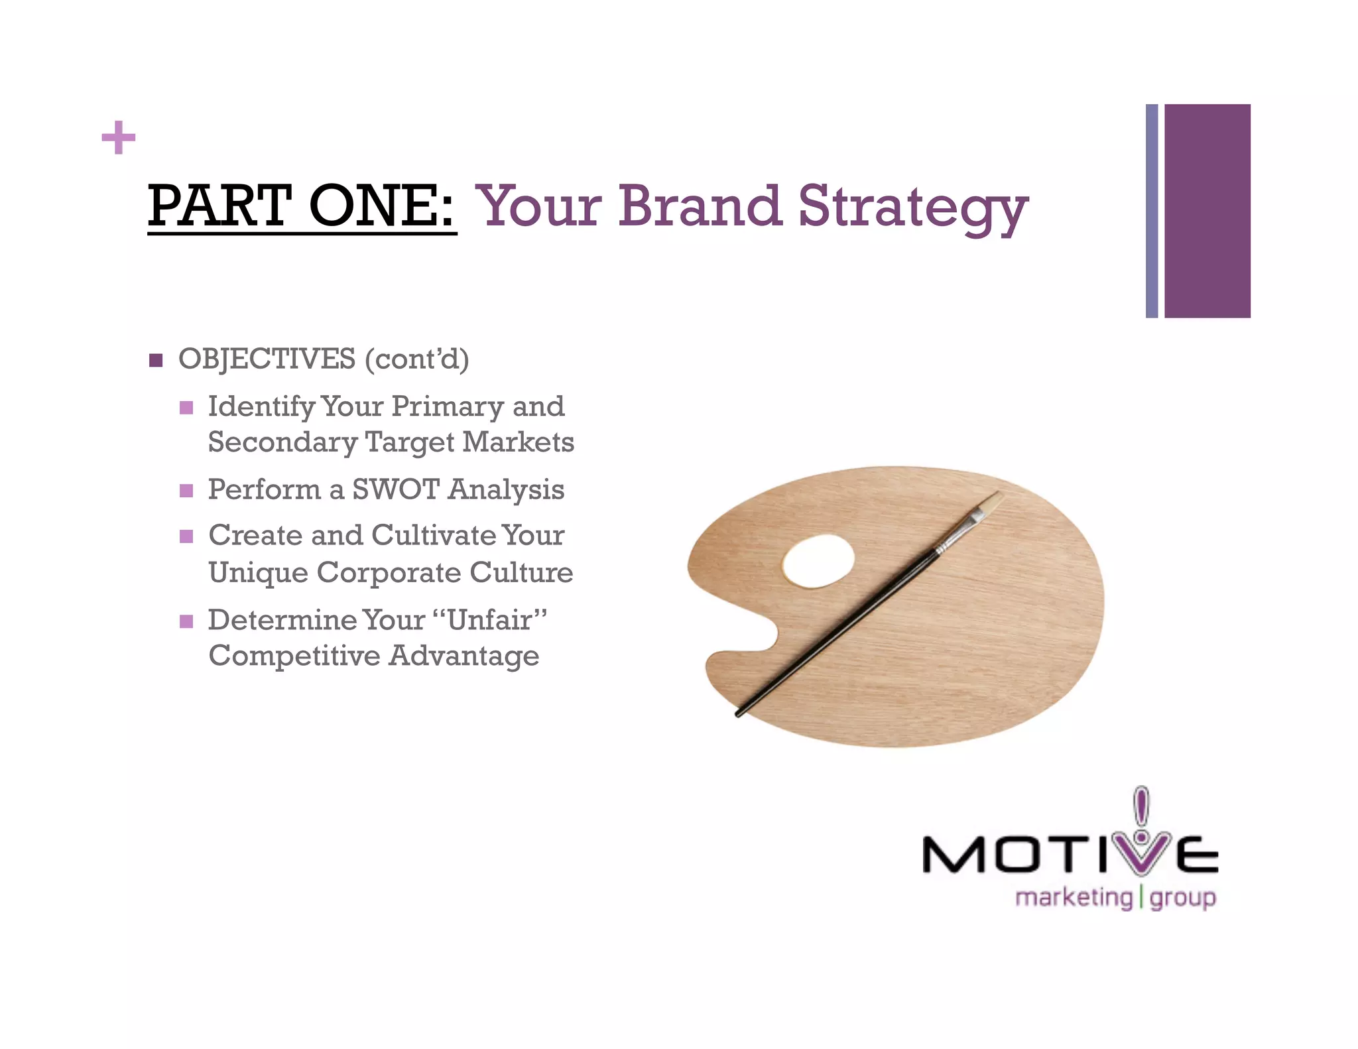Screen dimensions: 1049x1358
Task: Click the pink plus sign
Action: tap(118, 138)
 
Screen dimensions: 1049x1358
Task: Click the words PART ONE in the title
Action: tap(301, 206)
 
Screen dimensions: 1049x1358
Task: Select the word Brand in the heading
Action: tap(700, 206)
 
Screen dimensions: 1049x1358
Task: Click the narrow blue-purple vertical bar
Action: tap(1152, 211)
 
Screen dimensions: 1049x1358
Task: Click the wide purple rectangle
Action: tap(1207, 211)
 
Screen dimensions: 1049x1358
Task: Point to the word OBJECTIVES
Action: tap(267, 359)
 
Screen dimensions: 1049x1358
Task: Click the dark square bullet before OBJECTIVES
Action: tap(156, 360)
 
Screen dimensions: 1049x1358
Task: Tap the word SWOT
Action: tap(395, 489)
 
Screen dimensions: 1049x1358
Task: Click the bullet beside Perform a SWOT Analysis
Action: tap(186, 491)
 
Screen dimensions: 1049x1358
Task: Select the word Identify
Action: tap(261, 406)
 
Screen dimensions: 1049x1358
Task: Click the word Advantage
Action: tap(463, 656)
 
